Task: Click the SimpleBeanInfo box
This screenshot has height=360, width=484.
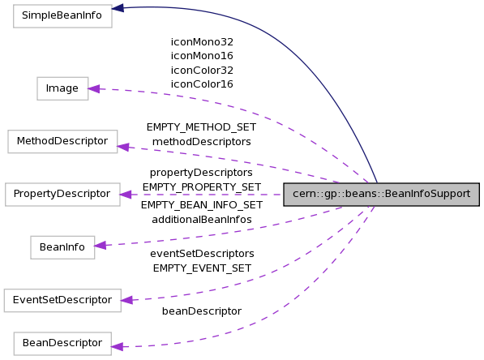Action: (x=62, y=16)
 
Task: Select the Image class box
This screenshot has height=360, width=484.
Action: (x=62, y=88)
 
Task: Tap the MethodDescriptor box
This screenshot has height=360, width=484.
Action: (x=62, y=141)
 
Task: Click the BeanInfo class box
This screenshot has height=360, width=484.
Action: (x=62, y=247)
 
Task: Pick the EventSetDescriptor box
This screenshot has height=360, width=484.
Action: (x=62, y=300)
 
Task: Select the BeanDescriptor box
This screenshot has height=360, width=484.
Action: (x=62, y=343)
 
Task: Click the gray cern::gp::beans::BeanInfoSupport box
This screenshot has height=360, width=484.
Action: (x=381, y=195)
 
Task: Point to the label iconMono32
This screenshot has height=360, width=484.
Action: (x=202, y=41)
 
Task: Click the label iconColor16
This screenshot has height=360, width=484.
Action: (x=202, y=84)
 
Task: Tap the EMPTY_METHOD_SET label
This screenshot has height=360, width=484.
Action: (x=201, y=127)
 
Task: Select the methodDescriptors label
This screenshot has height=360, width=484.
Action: (x=201, y=141)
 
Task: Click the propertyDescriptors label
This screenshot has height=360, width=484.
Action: (x=201, y=173)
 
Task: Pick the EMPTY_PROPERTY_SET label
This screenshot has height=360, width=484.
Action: (x=201, y=186)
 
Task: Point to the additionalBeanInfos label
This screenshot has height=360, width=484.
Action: (x=201, y=219)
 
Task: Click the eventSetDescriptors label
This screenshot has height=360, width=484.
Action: (x=201, y=254)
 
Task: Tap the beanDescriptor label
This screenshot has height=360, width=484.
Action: (x=201, y=311)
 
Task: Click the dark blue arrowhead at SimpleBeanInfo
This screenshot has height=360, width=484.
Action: (x=118, y=8)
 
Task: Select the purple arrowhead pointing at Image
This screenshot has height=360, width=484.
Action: (x=93, y=88)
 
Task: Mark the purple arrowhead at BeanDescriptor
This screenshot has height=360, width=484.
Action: (x=117, y=346)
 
